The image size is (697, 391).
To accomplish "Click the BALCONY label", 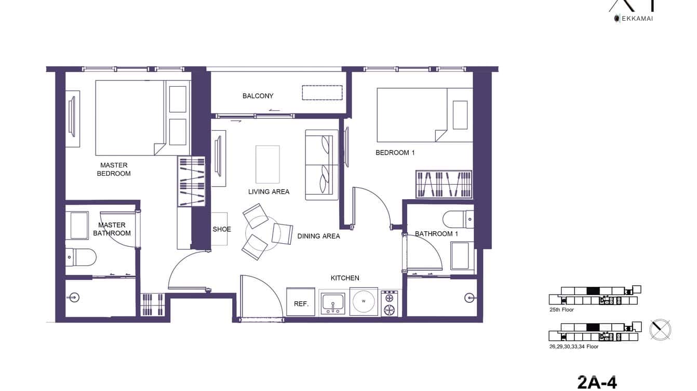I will click(x=258, y=96).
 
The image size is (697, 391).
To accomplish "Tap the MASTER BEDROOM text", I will click(x=114, y=170).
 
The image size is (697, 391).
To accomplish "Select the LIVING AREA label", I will click(x=269, y=192).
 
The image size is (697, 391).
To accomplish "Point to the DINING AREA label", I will click(x=318, y=236).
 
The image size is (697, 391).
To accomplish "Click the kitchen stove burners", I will click(x=388, y=303).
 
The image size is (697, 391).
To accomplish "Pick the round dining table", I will click(x=262, y=230).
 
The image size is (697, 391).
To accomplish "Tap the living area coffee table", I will click(x=267, y=164).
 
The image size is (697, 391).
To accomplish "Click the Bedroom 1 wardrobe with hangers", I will click(x=444, y=184).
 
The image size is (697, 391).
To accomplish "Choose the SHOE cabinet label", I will click(x=222, y=229).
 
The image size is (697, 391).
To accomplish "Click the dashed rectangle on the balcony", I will click(x=322, y=92).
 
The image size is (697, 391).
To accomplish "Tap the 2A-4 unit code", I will click(x=597, y=382).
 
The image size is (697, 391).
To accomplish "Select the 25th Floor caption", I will click(x=561, y=310).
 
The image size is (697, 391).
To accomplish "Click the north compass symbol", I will click(x=660, y=330).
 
